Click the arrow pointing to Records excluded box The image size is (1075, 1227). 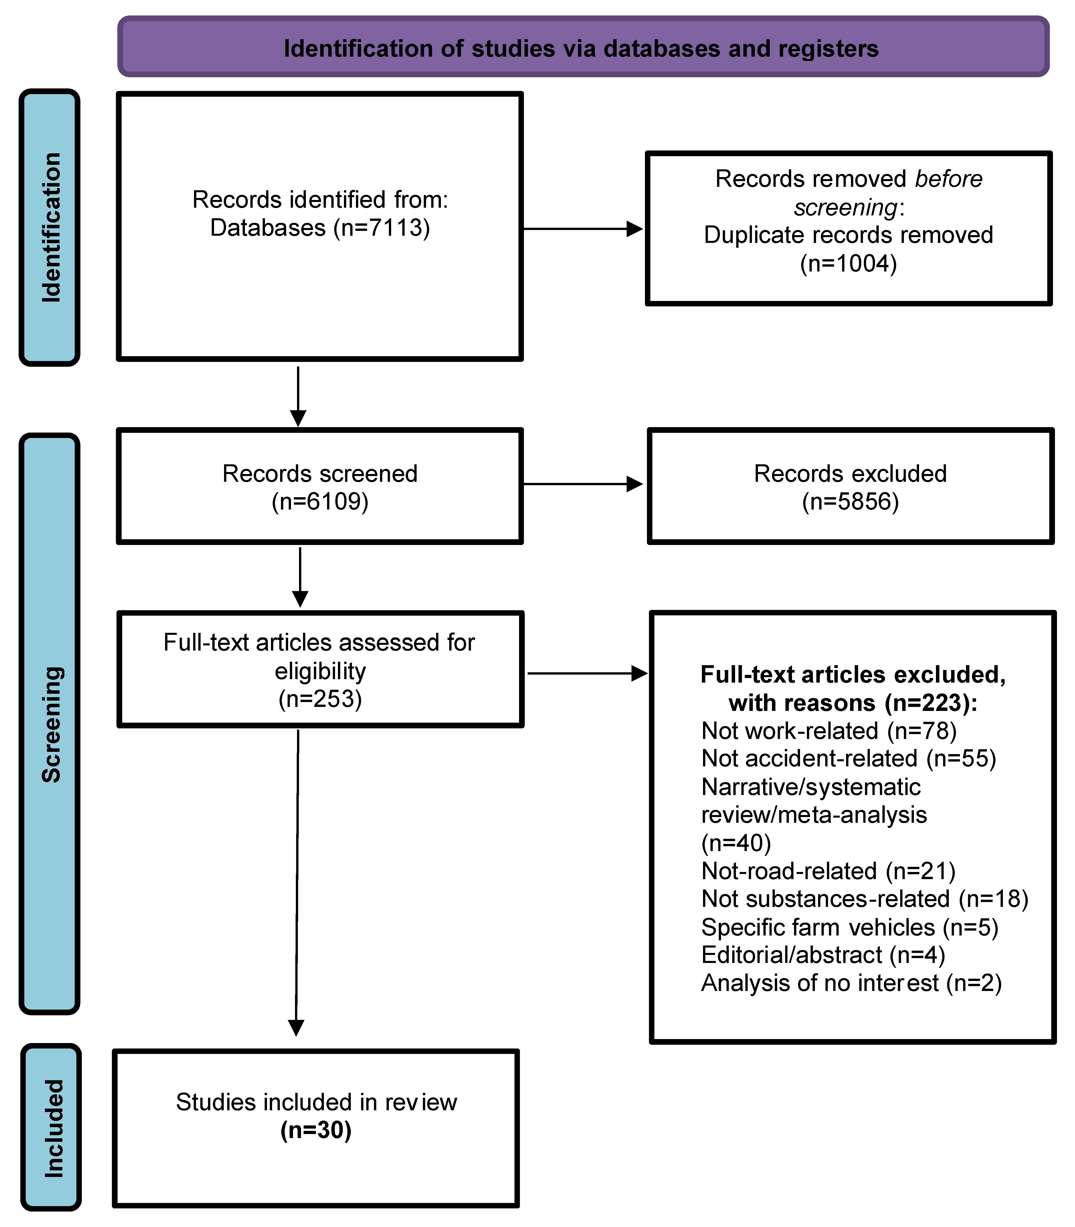click(582, 484)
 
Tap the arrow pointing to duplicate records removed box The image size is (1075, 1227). click(582, 229)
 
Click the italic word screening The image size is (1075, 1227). click(845, 207)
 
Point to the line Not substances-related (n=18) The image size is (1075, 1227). click(864, 899)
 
